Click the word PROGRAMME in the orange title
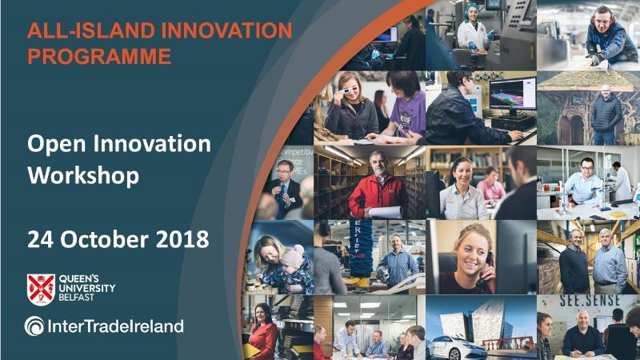99,56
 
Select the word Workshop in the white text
83,176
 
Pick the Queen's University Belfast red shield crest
41,289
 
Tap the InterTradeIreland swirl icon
34,326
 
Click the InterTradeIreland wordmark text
115,326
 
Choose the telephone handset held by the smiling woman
486,270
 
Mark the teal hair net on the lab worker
472,10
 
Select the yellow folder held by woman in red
251,350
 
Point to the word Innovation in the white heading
152,144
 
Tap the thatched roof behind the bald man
588,81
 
